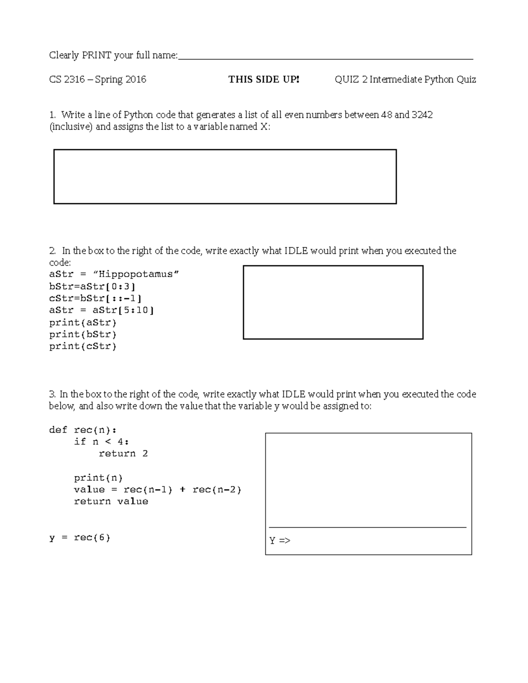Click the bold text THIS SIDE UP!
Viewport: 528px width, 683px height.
(264, 80)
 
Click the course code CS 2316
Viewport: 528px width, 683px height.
(66, 80)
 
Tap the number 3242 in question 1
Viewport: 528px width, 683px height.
(422, 115)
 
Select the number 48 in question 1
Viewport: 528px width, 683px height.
(386, 115)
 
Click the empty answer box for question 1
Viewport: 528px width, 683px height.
(225, 176)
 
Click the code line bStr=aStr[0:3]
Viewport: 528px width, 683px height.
(92, 286)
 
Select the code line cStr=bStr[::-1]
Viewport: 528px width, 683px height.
(95, 298)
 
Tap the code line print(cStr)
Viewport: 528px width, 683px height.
(83, 346)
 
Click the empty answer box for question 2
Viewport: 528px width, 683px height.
(333, 302)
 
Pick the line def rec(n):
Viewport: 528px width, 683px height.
(83, 430)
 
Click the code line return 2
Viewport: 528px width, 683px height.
(123, 453)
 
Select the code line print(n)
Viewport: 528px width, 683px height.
(98, 478)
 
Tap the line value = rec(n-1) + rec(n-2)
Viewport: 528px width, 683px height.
(158, 489)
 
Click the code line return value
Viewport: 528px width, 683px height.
(111, 501)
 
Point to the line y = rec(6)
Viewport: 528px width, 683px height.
(80, 537)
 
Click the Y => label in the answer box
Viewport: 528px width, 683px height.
(280, 541)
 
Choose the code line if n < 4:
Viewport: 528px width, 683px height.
(101, 442)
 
